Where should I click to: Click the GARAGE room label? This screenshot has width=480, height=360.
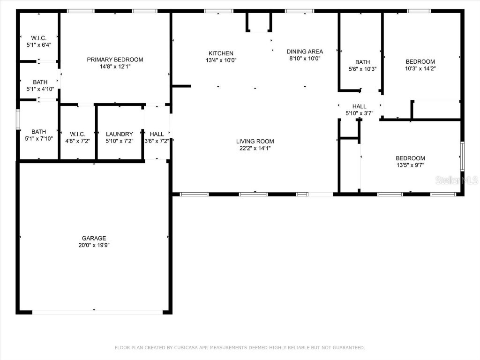tap(94, 238)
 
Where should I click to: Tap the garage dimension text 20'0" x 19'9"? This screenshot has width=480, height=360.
tap(94, 245)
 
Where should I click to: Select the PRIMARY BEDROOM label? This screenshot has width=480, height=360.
tap(115, 60)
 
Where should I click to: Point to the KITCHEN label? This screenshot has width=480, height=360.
tap(221, 53)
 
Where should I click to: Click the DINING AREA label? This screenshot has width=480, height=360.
tap(305, 52)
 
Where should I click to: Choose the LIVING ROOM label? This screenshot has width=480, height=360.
tap(255, 142)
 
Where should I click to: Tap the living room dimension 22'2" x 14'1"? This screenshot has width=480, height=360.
tap(255, 148)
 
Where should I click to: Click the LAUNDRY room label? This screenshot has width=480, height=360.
tap(120, 134)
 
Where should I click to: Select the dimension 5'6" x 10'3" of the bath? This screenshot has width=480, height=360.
tap(362, 69)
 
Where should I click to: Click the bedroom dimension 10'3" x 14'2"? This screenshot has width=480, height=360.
tap(420, 68)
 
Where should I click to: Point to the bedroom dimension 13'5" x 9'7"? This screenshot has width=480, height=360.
tap(410, 165)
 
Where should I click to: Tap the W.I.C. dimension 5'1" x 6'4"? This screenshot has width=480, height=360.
tap(38, 45)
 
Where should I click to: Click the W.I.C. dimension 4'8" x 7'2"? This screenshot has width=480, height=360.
tap(77, 141)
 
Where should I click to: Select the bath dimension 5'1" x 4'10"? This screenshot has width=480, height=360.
tap(40, 89)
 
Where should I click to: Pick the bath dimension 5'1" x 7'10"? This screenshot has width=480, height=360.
tap(38, 138)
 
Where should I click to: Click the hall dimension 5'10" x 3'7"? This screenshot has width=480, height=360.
tap(359, 113)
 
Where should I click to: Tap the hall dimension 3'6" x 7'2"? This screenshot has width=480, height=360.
tap(157, 141)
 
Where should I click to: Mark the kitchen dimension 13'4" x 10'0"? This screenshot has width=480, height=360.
tap(221, 60)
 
